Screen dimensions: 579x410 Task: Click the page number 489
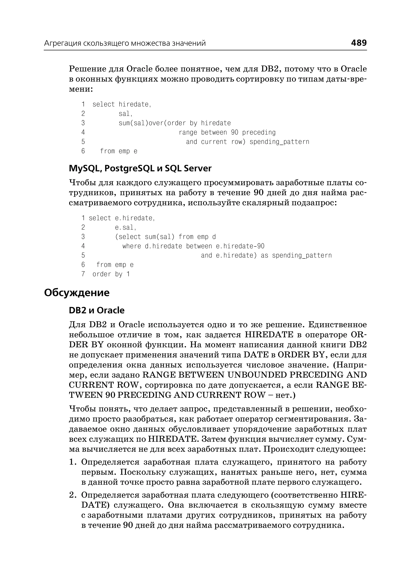(x=359, y=43)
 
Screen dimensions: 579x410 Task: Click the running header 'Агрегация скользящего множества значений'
(x=125, y=43)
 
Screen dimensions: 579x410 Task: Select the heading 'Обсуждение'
(x=77, y=293)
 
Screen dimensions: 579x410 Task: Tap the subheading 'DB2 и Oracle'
(x=96, y=310)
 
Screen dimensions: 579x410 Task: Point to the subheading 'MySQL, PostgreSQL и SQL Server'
(x=140, y=168)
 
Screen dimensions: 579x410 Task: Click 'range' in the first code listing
(x=188, y=133)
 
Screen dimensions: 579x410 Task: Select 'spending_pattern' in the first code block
(x=279, y=142)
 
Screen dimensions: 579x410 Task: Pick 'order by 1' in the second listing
(x=111, y=274)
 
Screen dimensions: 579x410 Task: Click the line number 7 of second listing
(x=83, y=274)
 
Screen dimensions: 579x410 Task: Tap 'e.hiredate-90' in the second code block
(x=240, y=246)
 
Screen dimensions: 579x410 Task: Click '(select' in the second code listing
(x=128, y=237)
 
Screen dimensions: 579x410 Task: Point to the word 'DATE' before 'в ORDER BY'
(x=256, y=355)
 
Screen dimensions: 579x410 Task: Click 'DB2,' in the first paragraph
(x=270, y=69)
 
